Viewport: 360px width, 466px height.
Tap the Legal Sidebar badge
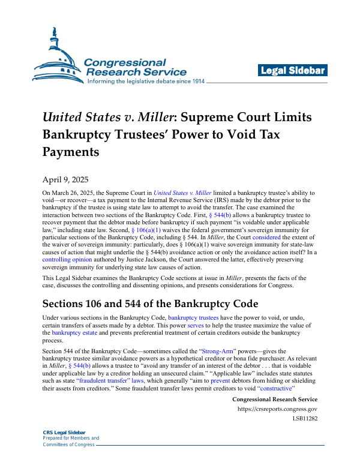pos(293,71)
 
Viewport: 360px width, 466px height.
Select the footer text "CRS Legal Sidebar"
pos(64,432)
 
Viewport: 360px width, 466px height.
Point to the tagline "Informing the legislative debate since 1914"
pos(146,81)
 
